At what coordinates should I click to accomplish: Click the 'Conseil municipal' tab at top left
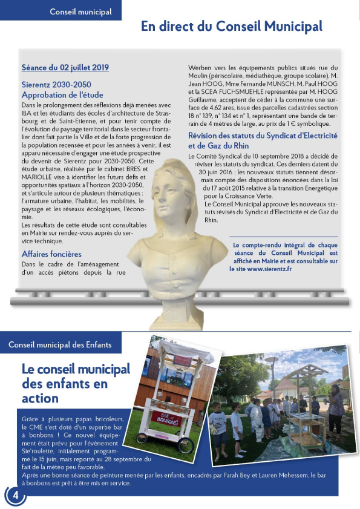coord(80,11)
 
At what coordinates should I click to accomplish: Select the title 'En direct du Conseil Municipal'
coord(231,27)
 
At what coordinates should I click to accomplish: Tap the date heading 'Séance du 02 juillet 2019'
coord(65,68)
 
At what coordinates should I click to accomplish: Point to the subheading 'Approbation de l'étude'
coord(62,95)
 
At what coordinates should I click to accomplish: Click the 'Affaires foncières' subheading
coord(51,254)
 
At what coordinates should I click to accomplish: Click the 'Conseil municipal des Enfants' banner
coord(60,345)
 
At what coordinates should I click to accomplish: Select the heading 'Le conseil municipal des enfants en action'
coord(76,383)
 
